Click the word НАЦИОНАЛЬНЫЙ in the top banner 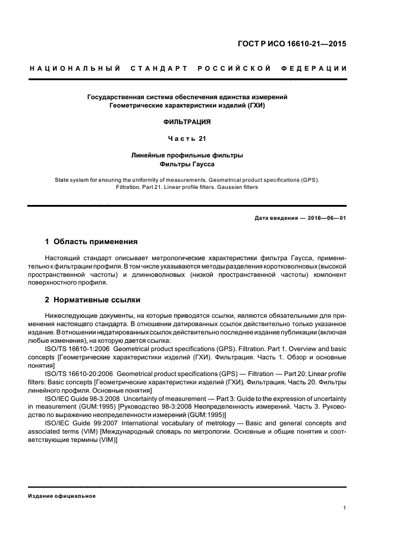pyautogui.click(x=74, y=69)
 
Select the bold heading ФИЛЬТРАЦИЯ pyautogui.click(x=187, y=122)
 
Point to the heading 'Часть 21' pyautogui.click(x=187, y=139)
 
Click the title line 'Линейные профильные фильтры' pyautogui.click(x=187, y=155)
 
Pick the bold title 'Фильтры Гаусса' pyautogui.click(x=187, y=163)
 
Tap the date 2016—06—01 pyautogui.click(x=326, y=218)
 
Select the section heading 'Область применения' pyautogui.click(x=96, y=242)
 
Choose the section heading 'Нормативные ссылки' pyautogui.click(x=97, y=300)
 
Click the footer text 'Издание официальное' pyautogui.click(x=62, y=496)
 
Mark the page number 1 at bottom pyautogui.click(x=345, y=508)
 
